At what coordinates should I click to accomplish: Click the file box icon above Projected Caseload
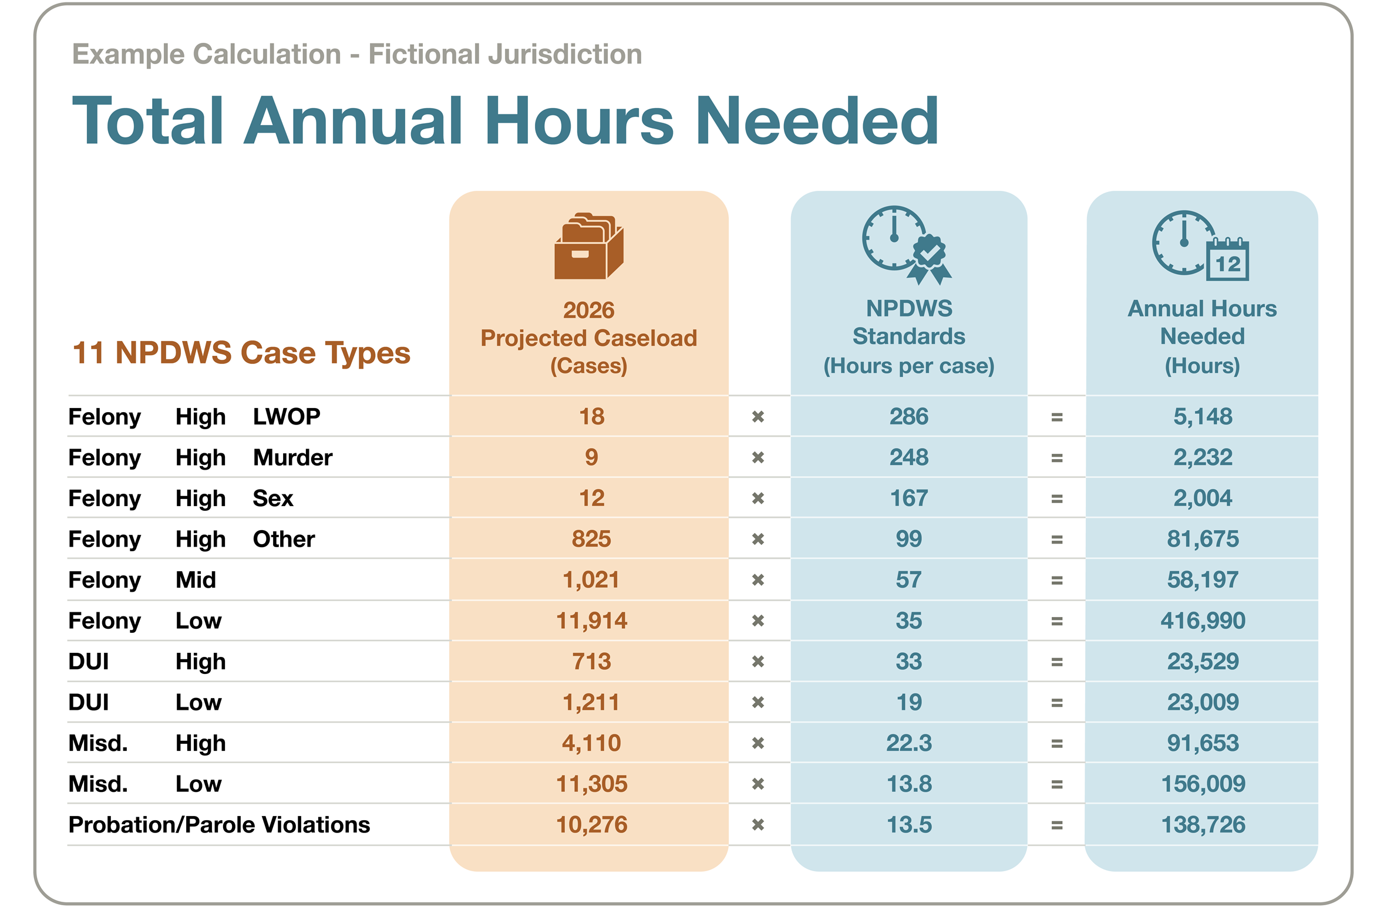point(588,245)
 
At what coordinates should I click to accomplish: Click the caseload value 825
point(591,539)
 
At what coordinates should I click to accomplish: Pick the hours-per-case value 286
point(908,417)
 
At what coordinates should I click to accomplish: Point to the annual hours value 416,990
point(1203,621)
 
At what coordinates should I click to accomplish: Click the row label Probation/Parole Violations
point(219,825)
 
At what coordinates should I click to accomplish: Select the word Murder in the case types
point(292,457)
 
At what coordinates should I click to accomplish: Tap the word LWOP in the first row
point(287,417)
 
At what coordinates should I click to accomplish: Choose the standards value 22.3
point(908,743)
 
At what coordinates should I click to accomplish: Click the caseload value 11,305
point(591,784)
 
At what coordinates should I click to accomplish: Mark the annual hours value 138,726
point(1203,825)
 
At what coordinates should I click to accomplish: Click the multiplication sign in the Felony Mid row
point(758,580)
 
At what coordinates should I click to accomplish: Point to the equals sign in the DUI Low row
point(1057,703)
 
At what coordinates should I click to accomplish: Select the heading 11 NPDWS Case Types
point(241,353)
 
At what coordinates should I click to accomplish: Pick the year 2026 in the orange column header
point(588,310)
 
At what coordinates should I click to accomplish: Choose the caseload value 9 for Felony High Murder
point(591,457)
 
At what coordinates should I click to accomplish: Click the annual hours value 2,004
point(1203,498)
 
